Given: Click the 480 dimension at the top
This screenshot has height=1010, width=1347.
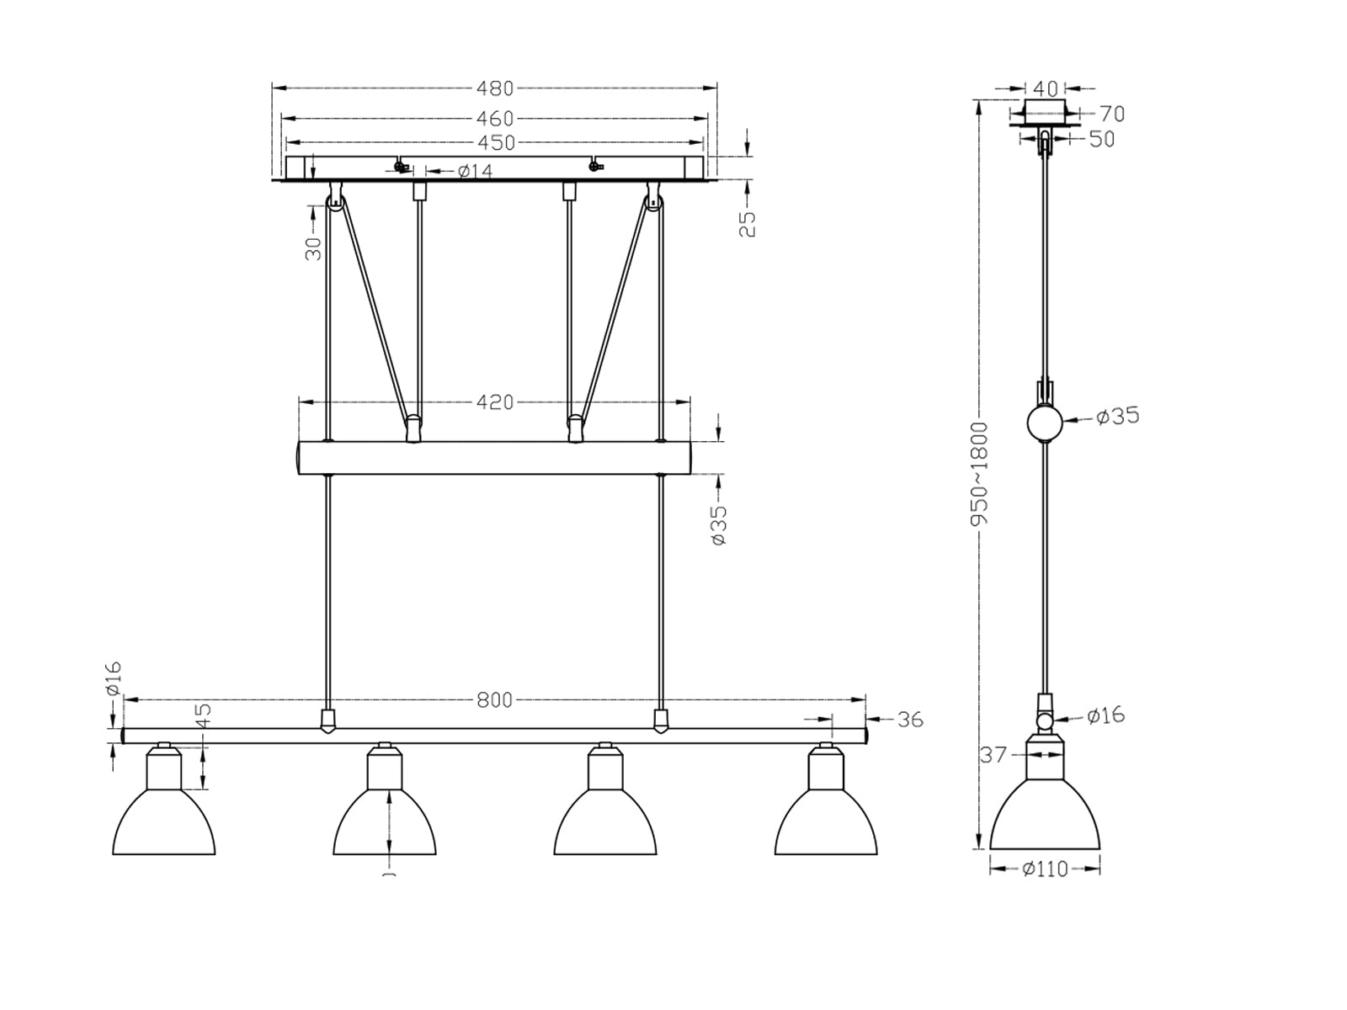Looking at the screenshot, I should pyautogui.click(x=494, y=88).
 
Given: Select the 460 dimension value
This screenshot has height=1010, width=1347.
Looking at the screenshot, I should pyautogui.click(x=494, y=119).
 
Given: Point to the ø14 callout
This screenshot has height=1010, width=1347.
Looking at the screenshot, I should pyautogui.click(x=475, y=171).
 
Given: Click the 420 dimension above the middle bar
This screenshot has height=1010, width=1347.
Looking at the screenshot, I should pyautogui.click(x=494, y=402).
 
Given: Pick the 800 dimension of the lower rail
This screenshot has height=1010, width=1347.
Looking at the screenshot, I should pyautogui.click(x=494, y=699).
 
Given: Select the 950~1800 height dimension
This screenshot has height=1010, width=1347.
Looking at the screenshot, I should pyautogui.click(x=979, y=474).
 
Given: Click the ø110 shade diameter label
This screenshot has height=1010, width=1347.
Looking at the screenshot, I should pyautogui.click(x=1045, y=869).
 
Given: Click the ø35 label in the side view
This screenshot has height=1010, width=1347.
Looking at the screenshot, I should pyautogui.click(x=1117, y=416).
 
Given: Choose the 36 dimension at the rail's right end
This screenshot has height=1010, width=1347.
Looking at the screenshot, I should pyautogui.click(x=909, y=720).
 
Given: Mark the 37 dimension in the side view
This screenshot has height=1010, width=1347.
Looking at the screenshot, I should pyautogui.click(x=993, y=755).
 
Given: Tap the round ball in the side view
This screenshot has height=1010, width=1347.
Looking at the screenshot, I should pyautogui.click(x=1044, y=423).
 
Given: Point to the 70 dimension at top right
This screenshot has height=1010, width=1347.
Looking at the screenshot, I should pyautogui.click(x=1111, y=113).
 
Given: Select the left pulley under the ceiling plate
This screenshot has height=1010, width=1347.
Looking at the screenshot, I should pyautogui.click(x=335, y=201).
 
